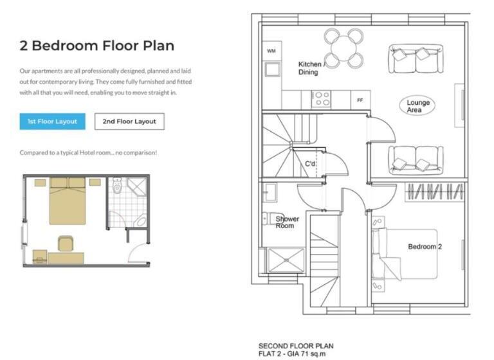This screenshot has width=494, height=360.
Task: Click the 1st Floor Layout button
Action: pyautogui.click(x=52, y=122)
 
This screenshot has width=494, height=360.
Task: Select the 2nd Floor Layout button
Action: pyautogui.click(x=129, y=122)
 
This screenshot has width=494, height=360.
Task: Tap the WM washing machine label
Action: pyautogui.click(x=271, y=51)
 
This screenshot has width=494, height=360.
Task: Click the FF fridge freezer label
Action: pyautogui.click(x=360, y=100)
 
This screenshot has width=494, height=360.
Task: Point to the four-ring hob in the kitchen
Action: pyautogui.click(x=322, y=99)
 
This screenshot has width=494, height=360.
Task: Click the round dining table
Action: pyautogui.click(x=343, y=48)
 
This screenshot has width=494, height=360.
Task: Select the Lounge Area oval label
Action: pyautogui.click(x=417, y=106)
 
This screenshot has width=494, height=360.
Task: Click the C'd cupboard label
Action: pyautogui.click(x=310, y=164)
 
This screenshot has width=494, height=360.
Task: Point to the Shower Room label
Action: pyautogui.click(x=287, y=222)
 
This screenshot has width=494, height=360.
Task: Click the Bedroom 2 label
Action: pyautogui.click(x=425, y=247)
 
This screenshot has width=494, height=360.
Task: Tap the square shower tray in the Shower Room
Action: pyautogui.click(x=286, y=260)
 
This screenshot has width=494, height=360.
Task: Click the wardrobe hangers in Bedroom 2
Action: pyautogui.click(x=435, y=192)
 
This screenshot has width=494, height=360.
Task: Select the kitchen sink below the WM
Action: pyautogui.click(x=273, y=69)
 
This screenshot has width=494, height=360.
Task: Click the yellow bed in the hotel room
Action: pyautogui.click(x=68, y=201)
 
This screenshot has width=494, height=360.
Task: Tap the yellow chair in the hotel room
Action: pyautogui.click(x=66, y=244)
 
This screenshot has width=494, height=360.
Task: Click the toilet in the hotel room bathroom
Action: pyautogui.click(x=117, y=186)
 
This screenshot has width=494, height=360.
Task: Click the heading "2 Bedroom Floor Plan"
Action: pyautogui.click(x=96, y=46)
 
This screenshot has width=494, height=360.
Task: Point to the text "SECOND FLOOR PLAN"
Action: pyautogui.click(x=296, y=346)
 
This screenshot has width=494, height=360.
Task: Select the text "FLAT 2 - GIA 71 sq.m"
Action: pyautogui.click(x=292, y=354)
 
